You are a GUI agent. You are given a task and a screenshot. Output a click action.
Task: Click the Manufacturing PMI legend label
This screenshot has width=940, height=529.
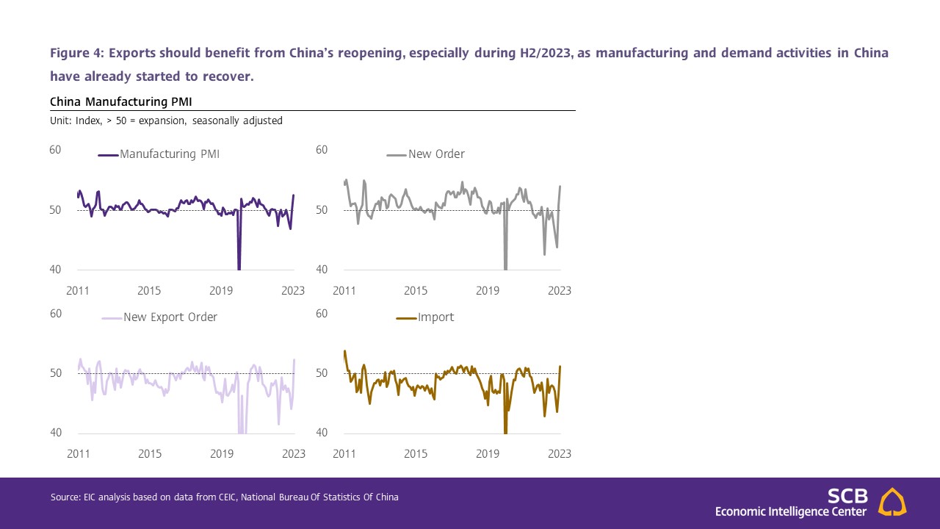click(x=169, y=154)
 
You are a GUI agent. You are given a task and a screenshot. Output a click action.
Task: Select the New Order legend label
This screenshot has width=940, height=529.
click(x=436, y=154)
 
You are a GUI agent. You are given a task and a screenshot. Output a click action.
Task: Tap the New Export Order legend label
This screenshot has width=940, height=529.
click(x=170, y=317)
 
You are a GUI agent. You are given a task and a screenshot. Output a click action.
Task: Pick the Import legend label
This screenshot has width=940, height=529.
click(x=435, y=317)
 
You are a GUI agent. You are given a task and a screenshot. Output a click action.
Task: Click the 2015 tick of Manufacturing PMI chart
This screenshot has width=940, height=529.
click(x=149, y=291)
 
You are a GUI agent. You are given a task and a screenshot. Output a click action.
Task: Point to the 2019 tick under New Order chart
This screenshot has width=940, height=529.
click(x=488, y=291)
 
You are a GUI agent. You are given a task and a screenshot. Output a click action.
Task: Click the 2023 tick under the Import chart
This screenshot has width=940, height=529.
click(x=559, y=454)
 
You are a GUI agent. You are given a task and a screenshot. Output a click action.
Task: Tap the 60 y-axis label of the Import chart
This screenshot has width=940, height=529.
click(x=321, y=314)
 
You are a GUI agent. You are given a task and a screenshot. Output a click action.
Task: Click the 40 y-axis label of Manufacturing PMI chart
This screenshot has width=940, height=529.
click(x=55, y=270)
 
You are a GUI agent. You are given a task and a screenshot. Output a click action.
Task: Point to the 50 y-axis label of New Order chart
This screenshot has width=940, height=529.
click(x=321, y=210)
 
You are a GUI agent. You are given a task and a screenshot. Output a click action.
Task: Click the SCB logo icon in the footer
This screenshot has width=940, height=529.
click(x=892, y=502)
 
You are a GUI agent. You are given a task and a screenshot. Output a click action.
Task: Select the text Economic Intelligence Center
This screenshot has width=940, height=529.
click(x=791, y=511)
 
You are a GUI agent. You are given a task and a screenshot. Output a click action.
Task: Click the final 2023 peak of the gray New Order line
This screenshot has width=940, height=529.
click(x=560, y=187)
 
